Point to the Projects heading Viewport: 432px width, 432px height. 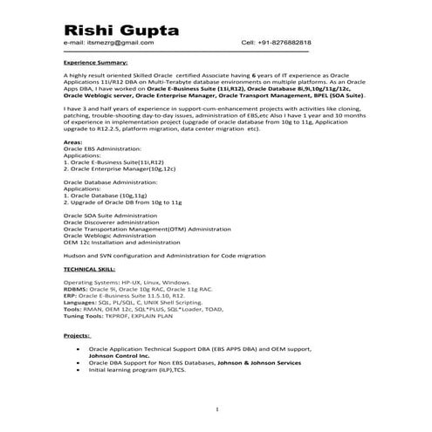78,336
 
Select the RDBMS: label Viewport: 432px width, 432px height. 77,289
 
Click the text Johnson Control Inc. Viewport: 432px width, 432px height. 122,355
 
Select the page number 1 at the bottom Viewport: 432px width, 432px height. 216,408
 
